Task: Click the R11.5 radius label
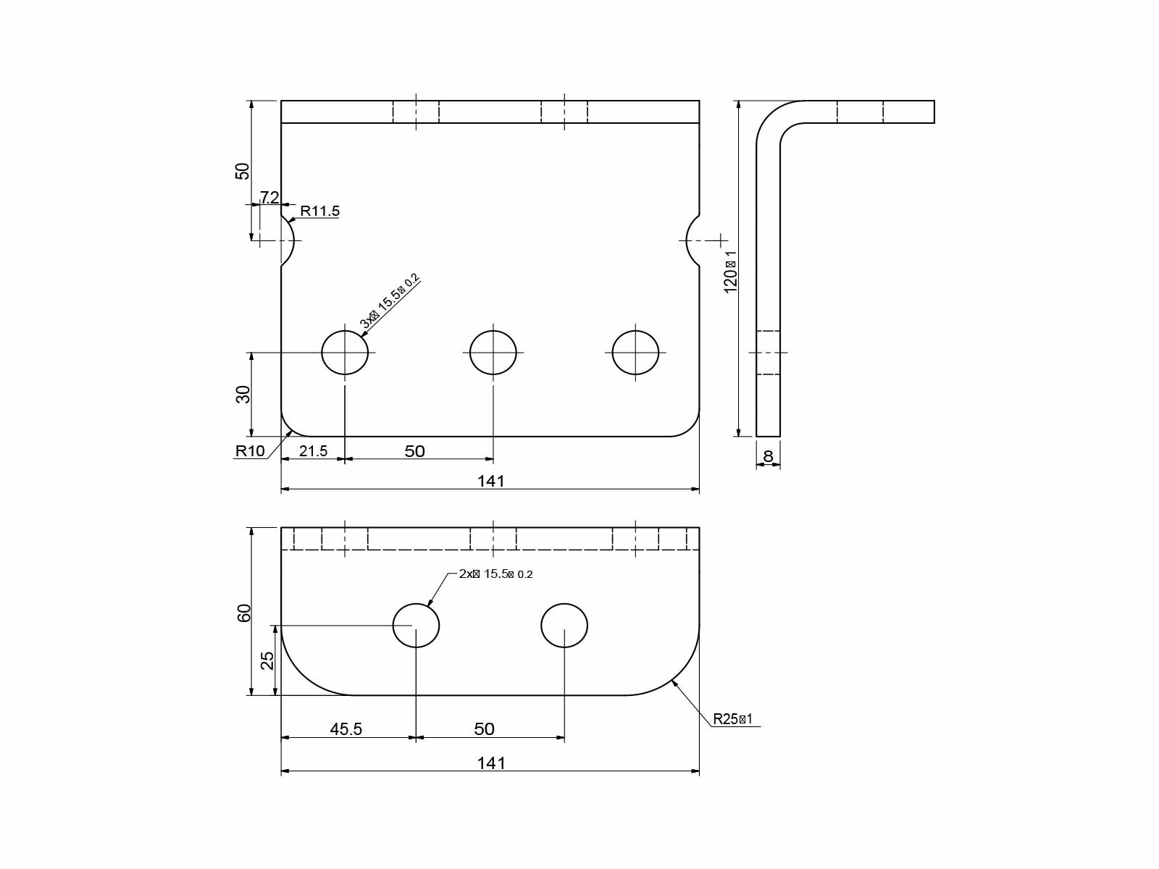tap(319, 211)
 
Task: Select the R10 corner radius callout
tap(250, 451)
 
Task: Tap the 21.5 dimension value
tap(313, 451)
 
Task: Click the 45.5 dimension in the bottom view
tap(346, 729)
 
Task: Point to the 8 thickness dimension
tap(768, 457)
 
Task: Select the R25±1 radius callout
tap(733, 719)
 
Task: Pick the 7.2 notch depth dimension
tap(269, 197)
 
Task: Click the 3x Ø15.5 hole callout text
tap(390, 301)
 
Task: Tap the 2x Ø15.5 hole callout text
tap(495, 574)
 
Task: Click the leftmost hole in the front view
tap(345, 353)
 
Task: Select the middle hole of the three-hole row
tap(493, 353)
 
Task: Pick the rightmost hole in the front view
tap(635, 353)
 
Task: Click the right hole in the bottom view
tap(564, 625)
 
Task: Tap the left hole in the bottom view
tap(416, 625)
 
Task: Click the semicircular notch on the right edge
tap(693, 240)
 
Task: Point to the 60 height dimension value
tap(244, 612)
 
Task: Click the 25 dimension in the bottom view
tap(267, 660)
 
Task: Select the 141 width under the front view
tap(490, 481)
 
